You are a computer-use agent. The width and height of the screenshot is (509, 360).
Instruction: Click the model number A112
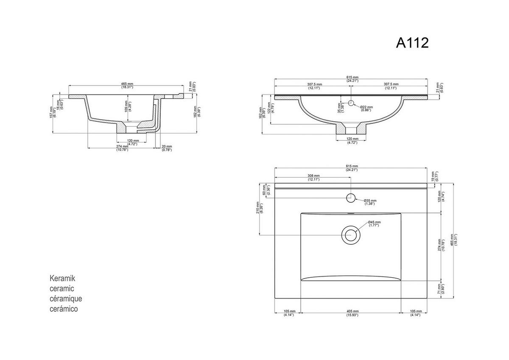(412, 42)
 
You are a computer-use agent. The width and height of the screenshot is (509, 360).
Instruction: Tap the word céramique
(66, 299)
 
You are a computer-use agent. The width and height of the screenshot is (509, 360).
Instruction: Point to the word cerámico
(64, 309)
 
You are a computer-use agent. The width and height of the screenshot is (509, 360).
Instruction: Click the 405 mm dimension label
(352, 313)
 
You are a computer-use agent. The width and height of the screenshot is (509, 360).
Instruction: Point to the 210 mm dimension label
(258, 207)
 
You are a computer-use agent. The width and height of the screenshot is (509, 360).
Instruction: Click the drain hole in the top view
(351, 234)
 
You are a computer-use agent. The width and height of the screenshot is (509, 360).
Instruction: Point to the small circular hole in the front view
(351, 103)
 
